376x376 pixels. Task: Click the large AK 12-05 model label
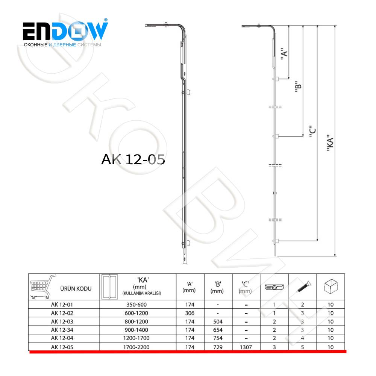(133, 159)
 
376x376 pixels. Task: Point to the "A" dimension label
(284, 53)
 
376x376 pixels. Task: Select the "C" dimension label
(312, 131)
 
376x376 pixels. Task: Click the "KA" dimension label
(330, 143)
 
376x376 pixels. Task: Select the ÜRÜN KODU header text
(76, 288)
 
